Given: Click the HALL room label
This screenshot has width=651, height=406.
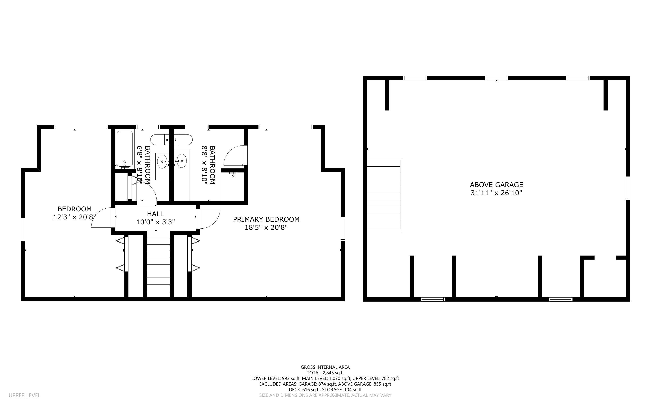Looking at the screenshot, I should (155, 214).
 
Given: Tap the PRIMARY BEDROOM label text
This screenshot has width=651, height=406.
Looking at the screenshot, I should (266, 219).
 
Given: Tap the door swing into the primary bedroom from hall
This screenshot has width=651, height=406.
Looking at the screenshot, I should (209, 218).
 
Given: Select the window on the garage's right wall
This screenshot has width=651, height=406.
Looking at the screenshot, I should (628, 188).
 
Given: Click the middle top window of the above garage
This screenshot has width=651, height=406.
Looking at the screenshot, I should (496, 78).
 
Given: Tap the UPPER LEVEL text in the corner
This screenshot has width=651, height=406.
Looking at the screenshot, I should (25, 395).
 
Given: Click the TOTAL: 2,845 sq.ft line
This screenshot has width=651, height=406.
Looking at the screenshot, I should (325, 373).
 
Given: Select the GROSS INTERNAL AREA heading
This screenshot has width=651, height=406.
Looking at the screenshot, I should (325, 367).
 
